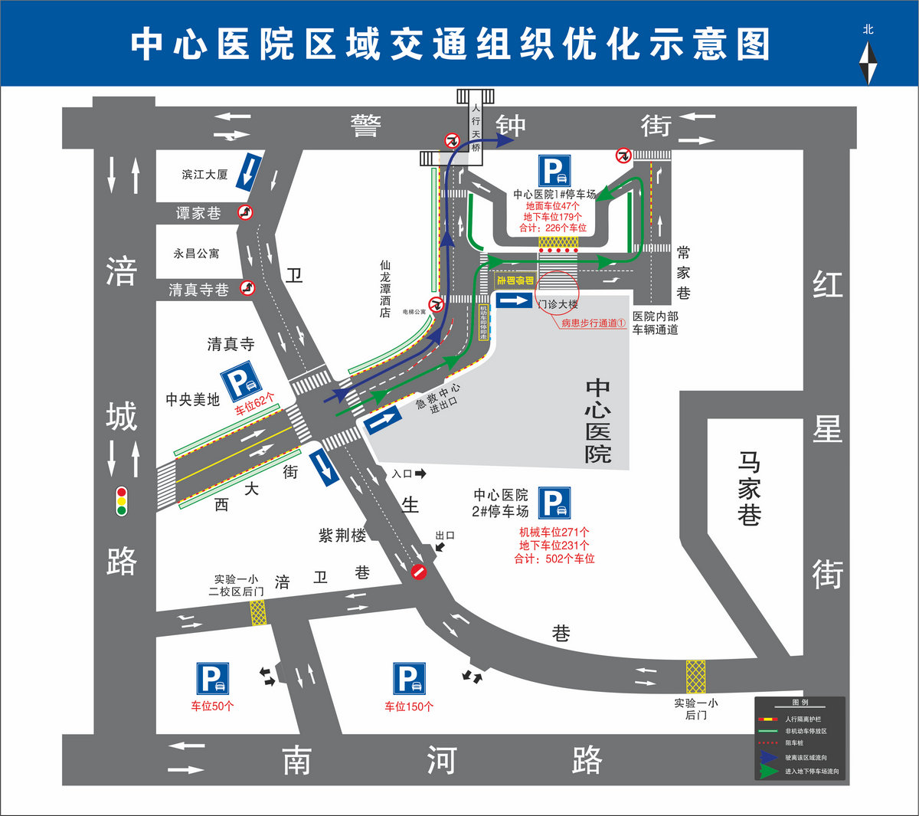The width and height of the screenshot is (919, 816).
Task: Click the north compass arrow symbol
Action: [868, 63]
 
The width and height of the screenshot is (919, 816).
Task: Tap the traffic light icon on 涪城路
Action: [121, 501]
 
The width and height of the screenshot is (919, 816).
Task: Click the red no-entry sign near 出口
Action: [418, 572]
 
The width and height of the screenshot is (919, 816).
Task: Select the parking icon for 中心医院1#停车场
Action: [554, 171]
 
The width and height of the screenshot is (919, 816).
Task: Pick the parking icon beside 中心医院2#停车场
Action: [554, 503]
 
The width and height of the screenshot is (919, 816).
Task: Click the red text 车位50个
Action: [212, 706]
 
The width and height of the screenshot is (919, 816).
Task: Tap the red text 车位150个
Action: [409, 706]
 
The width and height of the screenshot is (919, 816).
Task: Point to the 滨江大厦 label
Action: [204, 175]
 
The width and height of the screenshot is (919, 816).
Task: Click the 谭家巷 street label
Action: [198, 213]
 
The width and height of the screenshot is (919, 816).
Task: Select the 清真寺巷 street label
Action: [198, 290]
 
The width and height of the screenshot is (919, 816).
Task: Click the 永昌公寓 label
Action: [196, 253]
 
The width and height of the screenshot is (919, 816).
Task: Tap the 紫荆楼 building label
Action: [342, 536]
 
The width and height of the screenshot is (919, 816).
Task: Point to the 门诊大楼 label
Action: [558, 304]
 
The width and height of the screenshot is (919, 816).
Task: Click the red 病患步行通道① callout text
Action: [594, 323]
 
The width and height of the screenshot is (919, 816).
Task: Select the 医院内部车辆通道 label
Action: [655, 323]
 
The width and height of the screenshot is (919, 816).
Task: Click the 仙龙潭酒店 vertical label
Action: [385, 288]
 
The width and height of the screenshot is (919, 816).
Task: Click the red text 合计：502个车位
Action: [554, 559]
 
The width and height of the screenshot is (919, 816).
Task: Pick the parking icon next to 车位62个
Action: [240, 382]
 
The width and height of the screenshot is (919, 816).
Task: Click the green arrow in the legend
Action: [768, 771]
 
